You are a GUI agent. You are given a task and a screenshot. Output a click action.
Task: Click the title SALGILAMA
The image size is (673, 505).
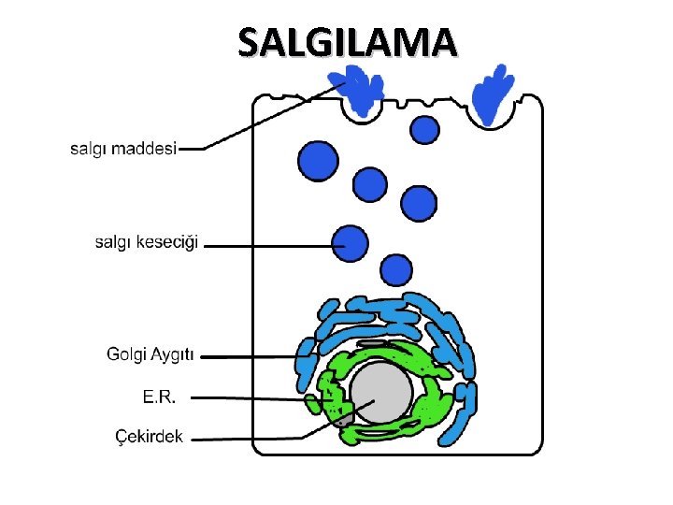click(x=348, y=42)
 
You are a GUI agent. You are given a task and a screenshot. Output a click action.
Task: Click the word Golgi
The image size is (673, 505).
click(x=126, y=354)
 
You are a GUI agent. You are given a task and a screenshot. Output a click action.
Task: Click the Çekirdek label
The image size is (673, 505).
click(x=149, y=437)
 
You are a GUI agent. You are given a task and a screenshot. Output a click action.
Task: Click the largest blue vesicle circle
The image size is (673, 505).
click(x=318, y=160)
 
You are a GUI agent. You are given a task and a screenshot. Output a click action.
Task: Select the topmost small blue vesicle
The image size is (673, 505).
click(x=425, y=129)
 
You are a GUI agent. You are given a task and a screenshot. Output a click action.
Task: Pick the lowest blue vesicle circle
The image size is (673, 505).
click(x=398, y=270)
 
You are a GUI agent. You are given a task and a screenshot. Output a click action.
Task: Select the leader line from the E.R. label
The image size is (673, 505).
click(x=252, y=398)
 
